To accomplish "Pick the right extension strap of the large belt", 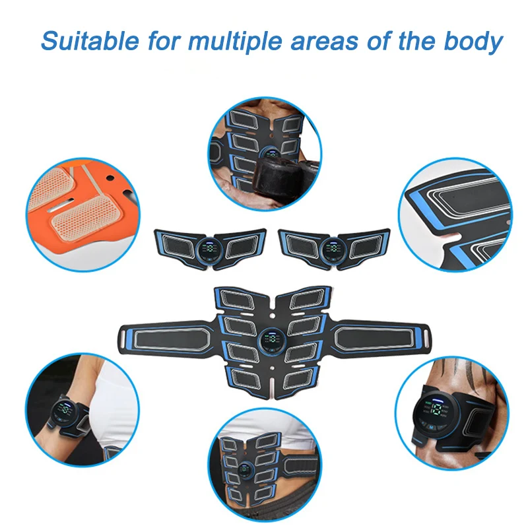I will tap(376, 337).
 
